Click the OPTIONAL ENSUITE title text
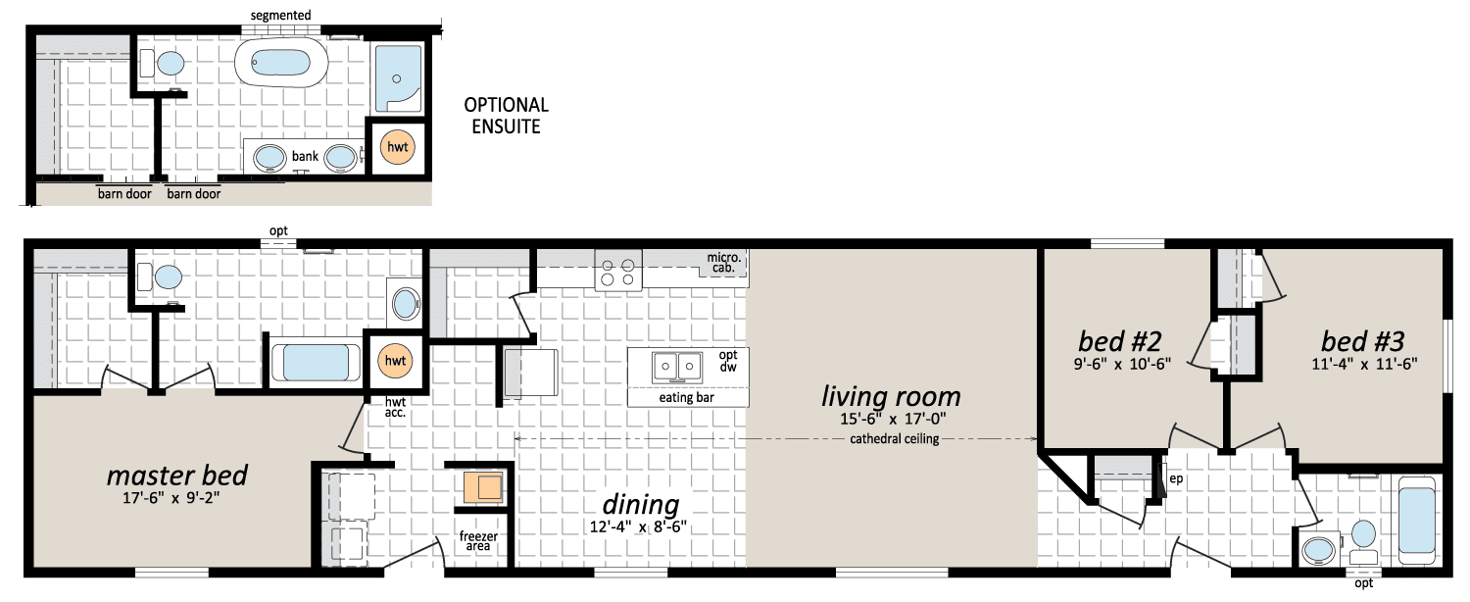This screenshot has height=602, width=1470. (x=506, y=116)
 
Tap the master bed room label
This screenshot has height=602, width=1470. (x=177, y=476)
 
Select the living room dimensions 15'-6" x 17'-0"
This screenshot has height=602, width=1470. (x=893, y=419)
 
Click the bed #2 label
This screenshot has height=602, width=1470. (x=1119, y=341)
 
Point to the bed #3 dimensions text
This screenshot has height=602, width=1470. (x=1364, y=364)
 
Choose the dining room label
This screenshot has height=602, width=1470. (x=641, y=505)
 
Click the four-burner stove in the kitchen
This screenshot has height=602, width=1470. (x=618, y=271)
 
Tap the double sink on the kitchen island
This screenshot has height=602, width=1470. (x=676, y=367)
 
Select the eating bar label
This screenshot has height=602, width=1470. (x=686, y=398)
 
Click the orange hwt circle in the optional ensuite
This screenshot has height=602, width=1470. (x=398, y=147)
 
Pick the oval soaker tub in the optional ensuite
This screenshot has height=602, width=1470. (x=281, y=63)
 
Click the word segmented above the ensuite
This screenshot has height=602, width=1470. (x=281, y=15)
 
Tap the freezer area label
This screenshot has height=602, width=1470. (x=478, y=541)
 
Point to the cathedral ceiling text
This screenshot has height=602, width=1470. (x=895, y=438)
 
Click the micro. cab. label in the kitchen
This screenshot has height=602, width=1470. (x=724, y=263)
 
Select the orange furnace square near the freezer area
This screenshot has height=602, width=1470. (x=483, y=487)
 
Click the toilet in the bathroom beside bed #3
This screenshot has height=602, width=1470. (x=1364, y=542)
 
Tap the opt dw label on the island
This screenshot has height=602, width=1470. (x=728, y=361)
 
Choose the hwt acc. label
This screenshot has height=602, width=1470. (x=395, y=407)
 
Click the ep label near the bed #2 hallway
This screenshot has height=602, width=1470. (x=1176, y=478)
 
